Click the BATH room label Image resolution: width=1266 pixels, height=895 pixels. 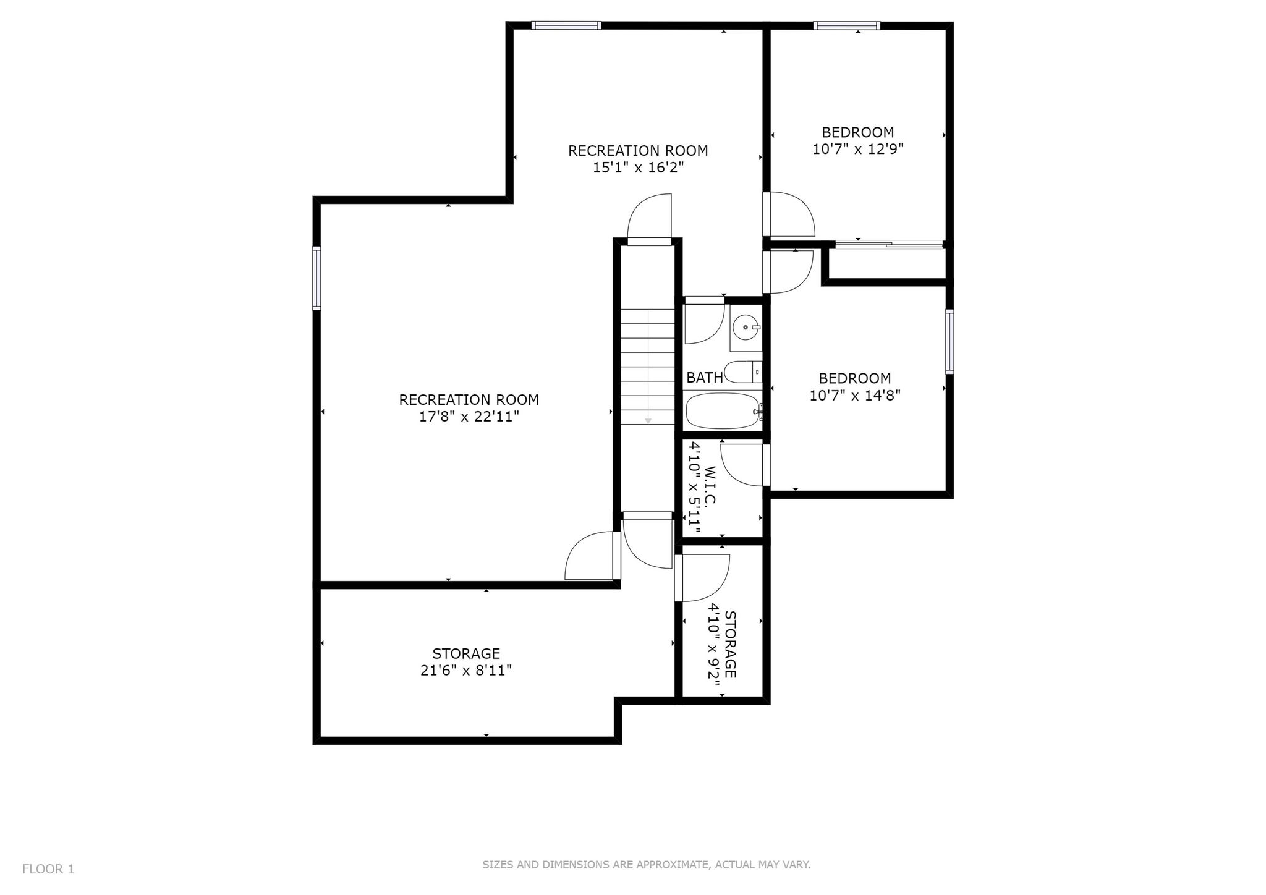tap(705, 377)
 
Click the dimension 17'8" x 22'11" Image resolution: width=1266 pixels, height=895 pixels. tap(469, 417)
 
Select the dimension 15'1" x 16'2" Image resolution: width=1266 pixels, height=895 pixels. tap(639, 168)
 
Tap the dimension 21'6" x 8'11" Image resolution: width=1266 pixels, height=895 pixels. tap(466, 671)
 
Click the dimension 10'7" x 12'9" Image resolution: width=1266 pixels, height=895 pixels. tap(858, 149)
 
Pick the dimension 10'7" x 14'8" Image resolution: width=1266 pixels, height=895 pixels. tap(856, 395)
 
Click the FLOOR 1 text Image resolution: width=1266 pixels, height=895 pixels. tap(48, 869)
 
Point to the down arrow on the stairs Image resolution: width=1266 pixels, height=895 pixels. tap(648, 367)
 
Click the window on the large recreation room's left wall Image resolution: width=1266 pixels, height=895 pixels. tap(316, 278)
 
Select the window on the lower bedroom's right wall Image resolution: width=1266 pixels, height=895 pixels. tap(949, 342)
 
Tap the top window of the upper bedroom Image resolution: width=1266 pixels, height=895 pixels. tap(847, 25)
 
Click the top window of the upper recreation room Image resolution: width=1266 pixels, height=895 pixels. tap(566, 25)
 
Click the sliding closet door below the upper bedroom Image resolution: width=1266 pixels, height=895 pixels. tap(890, 245)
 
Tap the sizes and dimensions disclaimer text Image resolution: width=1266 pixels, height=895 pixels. tap(647, 865)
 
